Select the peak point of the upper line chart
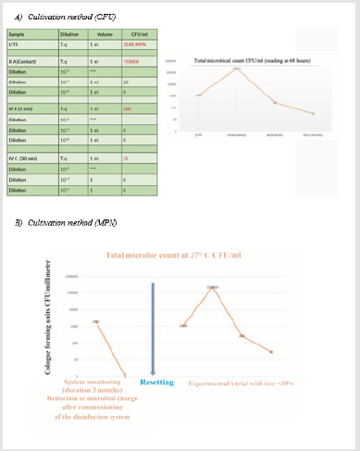pos(236,69)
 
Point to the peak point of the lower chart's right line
pos(214,288)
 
